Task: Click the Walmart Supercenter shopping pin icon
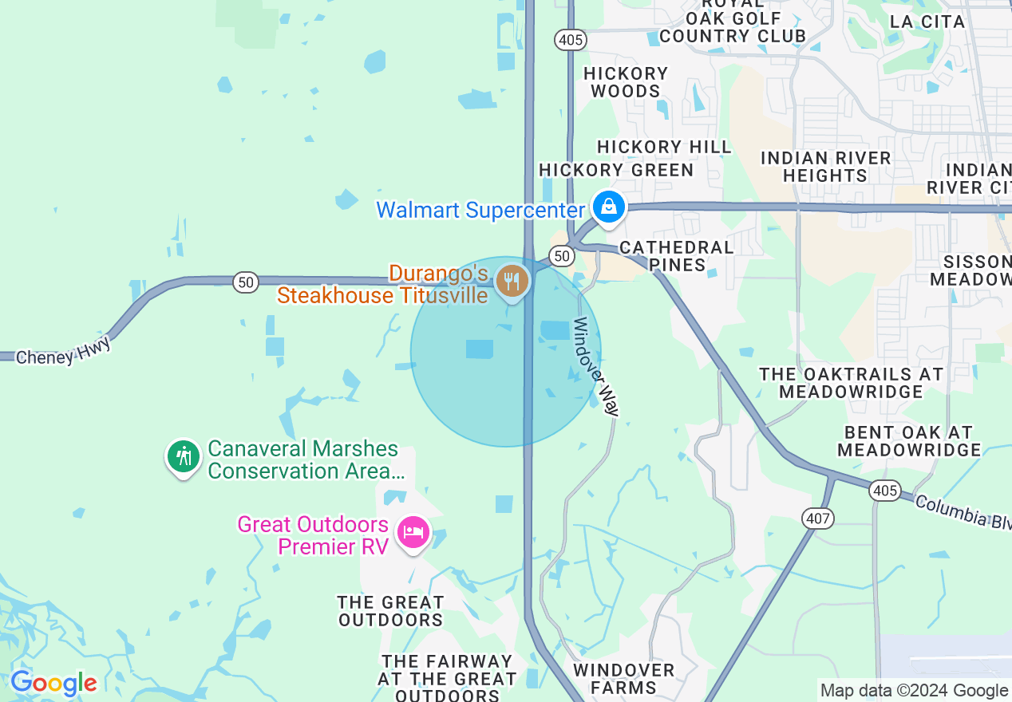coord(609,207)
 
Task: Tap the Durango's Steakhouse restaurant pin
coord(512,282)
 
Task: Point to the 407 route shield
coord(819,519)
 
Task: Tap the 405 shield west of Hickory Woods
coord(571,40)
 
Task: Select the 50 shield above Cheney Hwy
coord(246,282)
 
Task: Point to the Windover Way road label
coord(596,367)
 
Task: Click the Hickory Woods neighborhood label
coord(626,82)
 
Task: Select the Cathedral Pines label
coord(676,256)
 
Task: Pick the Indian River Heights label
coord(825,167)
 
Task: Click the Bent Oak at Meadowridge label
coord(909,441)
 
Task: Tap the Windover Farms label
coord(625,678)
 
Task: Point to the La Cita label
coord(927,22)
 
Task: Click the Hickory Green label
coord(616,170)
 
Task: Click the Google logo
coord(53,684)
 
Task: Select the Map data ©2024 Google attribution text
coord(914,691)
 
